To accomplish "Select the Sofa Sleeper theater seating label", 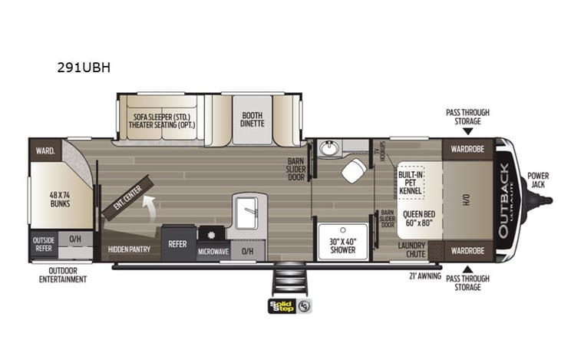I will pos(161,120).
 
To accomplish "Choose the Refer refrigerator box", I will pos(178,244).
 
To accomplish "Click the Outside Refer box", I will pos(44,243).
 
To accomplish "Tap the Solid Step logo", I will pos(281,306).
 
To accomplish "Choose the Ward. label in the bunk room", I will pos(43,150).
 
